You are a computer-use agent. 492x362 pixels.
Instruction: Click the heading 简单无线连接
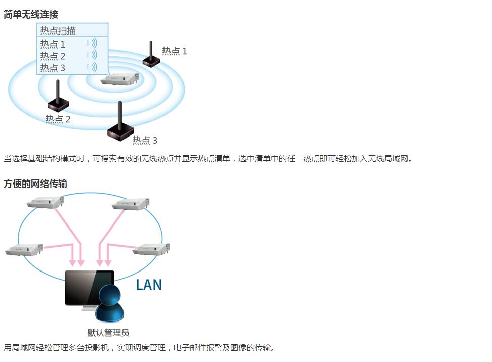tap(31, 14)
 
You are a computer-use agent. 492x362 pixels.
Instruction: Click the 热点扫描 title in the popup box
tap(58, 30)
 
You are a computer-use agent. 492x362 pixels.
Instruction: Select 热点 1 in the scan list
tap(53, 44)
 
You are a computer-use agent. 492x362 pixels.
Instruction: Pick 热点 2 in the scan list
tap(53, 56)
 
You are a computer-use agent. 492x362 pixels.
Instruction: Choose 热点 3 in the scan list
tap(53, 67)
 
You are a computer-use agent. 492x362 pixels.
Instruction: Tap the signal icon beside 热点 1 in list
tap(92, 43)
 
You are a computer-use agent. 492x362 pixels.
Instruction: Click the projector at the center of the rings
tap(119, 79)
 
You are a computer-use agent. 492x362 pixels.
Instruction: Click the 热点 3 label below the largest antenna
tap(145, 140)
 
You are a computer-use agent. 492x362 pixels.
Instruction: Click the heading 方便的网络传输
tap(35, 184)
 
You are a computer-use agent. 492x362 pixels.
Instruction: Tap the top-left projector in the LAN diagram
tap(46, 202)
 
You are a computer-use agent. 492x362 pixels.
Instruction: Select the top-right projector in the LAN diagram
tap(131, 204)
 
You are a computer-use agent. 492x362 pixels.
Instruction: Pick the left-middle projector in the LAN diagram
tap(24, 249)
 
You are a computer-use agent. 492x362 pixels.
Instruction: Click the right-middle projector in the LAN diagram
tap(151, 249)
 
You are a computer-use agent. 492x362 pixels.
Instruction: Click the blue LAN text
tap(149, 285)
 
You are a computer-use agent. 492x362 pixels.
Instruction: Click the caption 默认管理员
tap(108, 333)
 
